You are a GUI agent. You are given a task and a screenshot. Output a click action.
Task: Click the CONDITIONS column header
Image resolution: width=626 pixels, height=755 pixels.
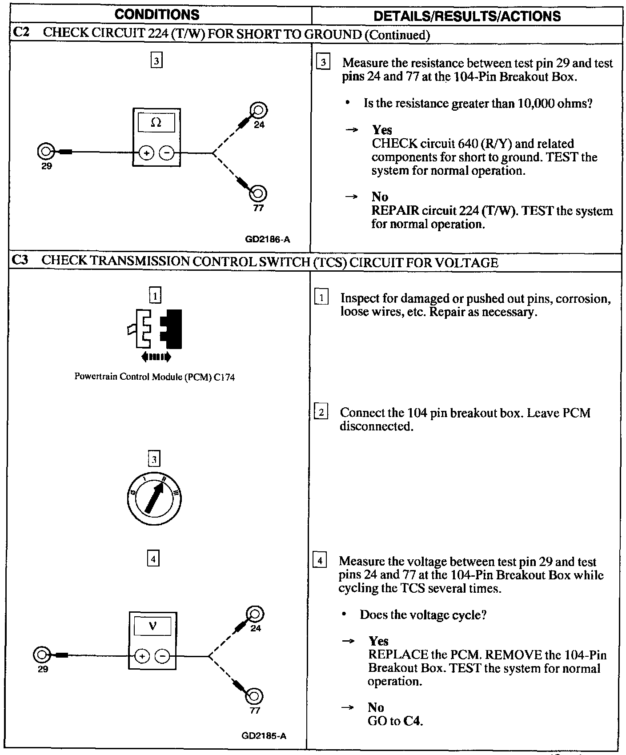pyautogui.click(x=157, y=15)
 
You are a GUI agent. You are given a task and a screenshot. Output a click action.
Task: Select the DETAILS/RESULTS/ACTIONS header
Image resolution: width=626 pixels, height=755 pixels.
pyautogui.click(x=467, y=16)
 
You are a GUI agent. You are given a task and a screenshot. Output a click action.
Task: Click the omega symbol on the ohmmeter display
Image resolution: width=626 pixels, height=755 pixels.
pyautogui.click(x=156, y=122)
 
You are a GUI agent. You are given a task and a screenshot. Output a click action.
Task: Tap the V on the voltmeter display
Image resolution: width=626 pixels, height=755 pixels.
pyautogui.click(x=153, y=626)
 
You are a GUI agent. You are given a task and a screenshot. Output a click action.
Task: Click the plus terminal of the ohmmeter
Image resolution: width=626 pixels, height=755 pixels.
pyautogui.click(x=146, y=153)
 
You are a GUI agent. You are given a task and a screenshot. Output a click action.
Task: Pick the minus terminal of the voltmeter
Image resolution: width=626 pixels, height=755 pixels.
pyautogui.click(x=163, y=656)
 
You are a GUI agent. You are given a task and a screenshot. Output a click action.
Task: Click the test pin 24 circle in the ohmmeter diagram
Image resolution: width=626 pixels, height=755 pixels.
pyautogui.click(x=259, y=109)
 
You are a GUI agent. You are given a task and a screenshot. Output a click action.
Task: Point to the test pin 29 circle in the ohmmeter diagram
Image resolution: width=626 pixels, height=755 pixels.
pyautogui.click(x=45, y=152)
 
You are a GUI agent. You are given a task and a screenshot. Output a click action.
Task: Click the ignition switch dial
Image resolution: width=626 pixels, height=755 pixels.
pyautogui.click(x=154, y=498)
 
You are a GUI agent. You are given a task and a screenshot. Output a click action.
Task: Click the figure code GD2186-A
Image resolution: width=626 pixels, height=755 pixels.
pyautogui.click(x=268, y=240)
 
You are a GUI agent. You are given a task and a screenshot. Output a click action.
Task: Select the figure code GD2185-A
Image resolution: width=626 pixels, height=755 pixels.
pyautogui.click(x=264, y=736)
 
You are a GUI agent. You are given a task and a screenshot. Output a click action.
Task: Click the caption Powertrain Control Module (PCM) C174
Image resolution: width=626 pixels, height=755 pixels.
pyautogui.click(x=154, y=377)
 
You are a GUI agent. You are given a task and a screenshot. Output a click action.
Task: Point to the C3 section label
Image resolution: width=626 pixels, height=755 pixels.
pyautogui.click(x=20, y=261)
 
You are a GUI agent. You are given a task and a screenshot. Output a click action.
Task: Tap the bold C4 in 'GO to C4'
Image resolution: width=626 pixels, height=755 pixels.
pyautogui.click(x=413, y=721)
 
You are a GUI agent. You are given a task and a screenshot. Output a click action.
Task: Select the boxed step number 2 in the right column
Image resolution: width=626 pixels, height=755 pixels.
pyautogui.click(x=321, y=413)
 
